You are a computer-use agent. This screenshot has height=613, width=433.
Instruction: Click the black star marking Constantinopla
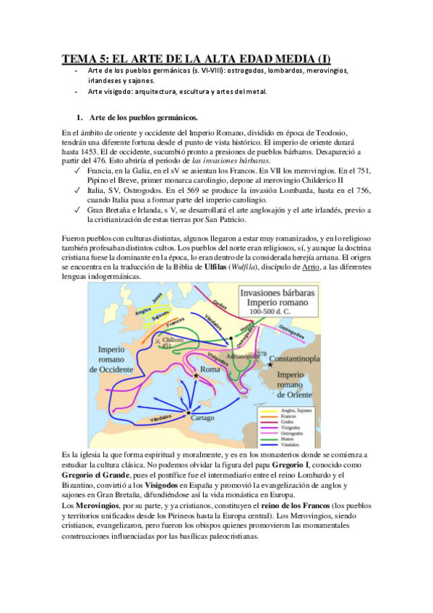click(270, 364)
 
